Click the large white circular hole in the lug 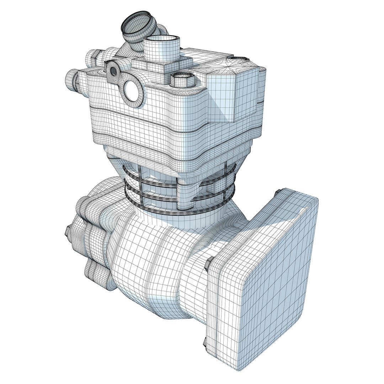point(130,91)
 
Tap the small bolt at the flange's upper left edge point(208,263)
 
